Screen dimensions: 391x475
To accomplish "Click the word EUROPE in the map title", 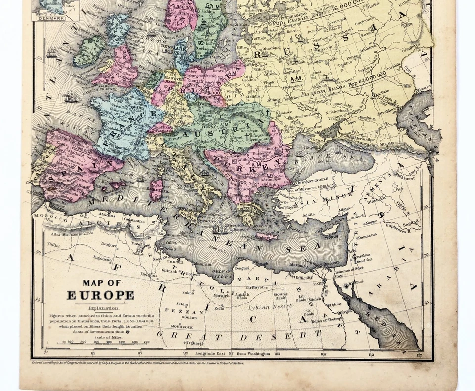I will (x=100, y=296).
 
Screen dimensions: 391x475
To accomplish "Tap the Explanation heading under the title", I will (x=100, y=308).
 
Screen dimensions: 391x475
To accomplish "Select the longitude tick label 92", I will (x=186, y=354).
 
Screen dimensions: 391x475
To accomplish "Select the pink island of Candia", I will (x=267, y=236).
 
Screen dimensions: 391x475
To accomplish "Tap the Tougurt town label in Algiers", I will (x=110, y=243).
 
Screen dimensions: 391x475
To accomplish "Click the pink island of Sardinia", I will (x=157, y=188).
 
